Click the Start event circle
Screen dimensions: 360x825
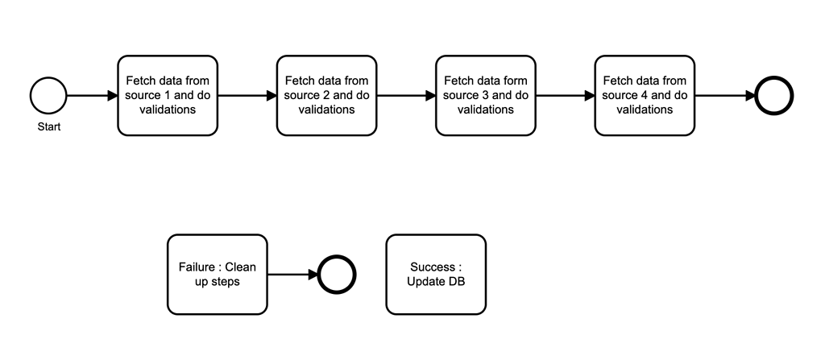48,95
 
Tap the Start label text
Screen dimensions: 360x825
48,126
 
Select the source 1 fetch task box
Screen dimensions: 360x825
168,95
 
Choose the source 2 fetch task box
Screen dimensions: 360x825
326,95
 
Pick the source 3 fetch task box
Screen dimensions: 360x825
486,95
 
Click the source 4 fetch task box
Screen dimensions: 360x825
645,95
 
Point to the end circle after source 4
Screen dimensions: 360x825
774,95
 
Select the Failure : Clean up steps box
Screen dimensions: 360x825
217,274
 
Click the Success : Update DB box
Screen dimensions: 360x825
436,274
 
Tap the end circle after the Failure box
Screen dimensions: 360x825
337,274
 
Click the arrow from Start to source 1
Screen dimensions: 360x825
92,95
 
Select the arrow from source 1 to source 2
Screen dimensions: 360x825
247,95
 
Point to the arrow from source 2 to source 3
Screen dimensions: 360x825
406,95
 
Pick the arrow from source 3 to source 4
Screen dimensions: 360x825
565,95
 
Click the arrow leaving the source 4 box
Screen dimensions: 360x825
724,95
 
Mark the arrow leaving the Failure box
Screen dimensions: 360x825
292,274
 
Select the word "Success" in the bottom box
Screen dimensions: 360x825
433,267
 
